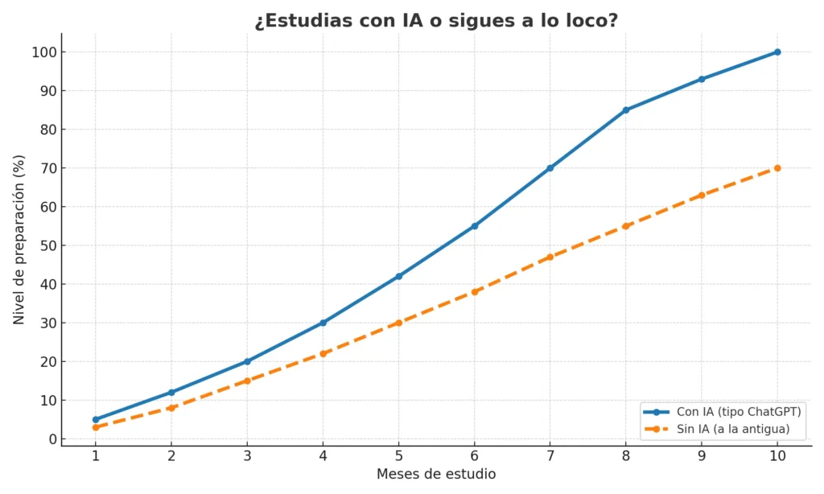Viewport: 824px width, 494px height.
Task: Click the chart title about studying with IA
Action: tap(436, 21)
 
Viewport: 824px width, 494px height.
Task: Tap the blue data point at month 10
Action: tap(777, 52)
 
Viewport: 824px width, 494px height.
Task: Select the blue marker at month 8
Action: tap(626, 110)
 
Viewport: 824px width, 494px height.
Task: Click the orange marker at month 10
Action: tap(777, 168)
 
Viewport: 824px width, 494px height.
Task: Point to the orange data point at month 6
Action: tap(475, 291)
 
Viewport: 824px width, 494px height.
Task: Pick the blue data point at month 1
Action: tap(96, 419)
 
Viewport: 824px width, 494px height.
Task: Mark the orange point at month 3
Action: tap(247, 381)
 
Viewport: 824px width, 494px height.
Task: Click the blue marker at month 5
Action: tap(399, 276)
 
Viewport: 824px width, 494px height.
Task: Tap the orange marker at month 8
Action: tap(626, 226)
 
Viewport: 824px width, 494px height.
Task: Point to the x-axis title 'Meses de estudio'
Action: tap(436, 474)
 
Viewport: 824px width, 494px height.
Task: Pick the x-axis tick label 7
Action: tap(550, 455)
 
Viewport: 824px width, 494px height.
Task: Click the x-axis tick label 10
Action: tap(777, 455)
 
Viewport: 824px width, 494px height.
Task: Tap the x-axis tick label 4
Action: tap(323, 455)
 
